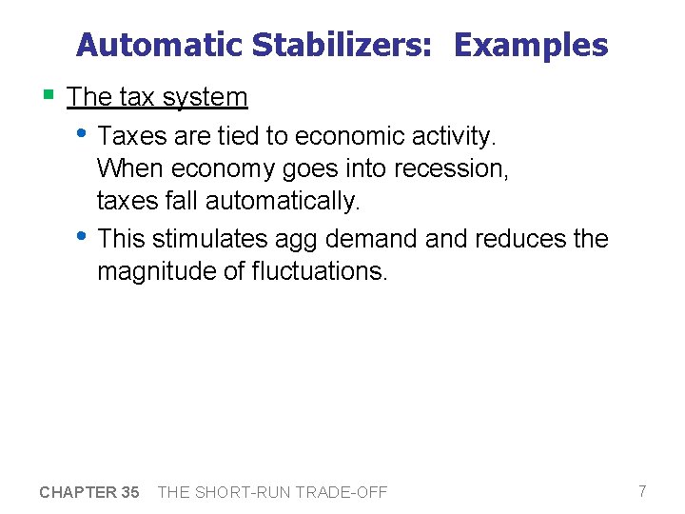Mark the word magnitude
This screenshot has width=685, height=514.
pyautogui.click(x=157, y=272)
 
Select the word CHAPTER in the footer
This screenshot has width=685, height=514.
pyautogui.click(x=77, y=492)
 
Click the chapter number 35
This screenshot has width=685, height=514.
pyautogui.click(x=130, y=492)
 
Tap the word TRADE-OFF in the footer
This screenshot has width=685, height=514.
pyautogui.click(x=342, y=492)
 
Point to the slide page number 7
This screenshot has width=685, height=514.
pyautogui.click(x=642, y=491)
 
